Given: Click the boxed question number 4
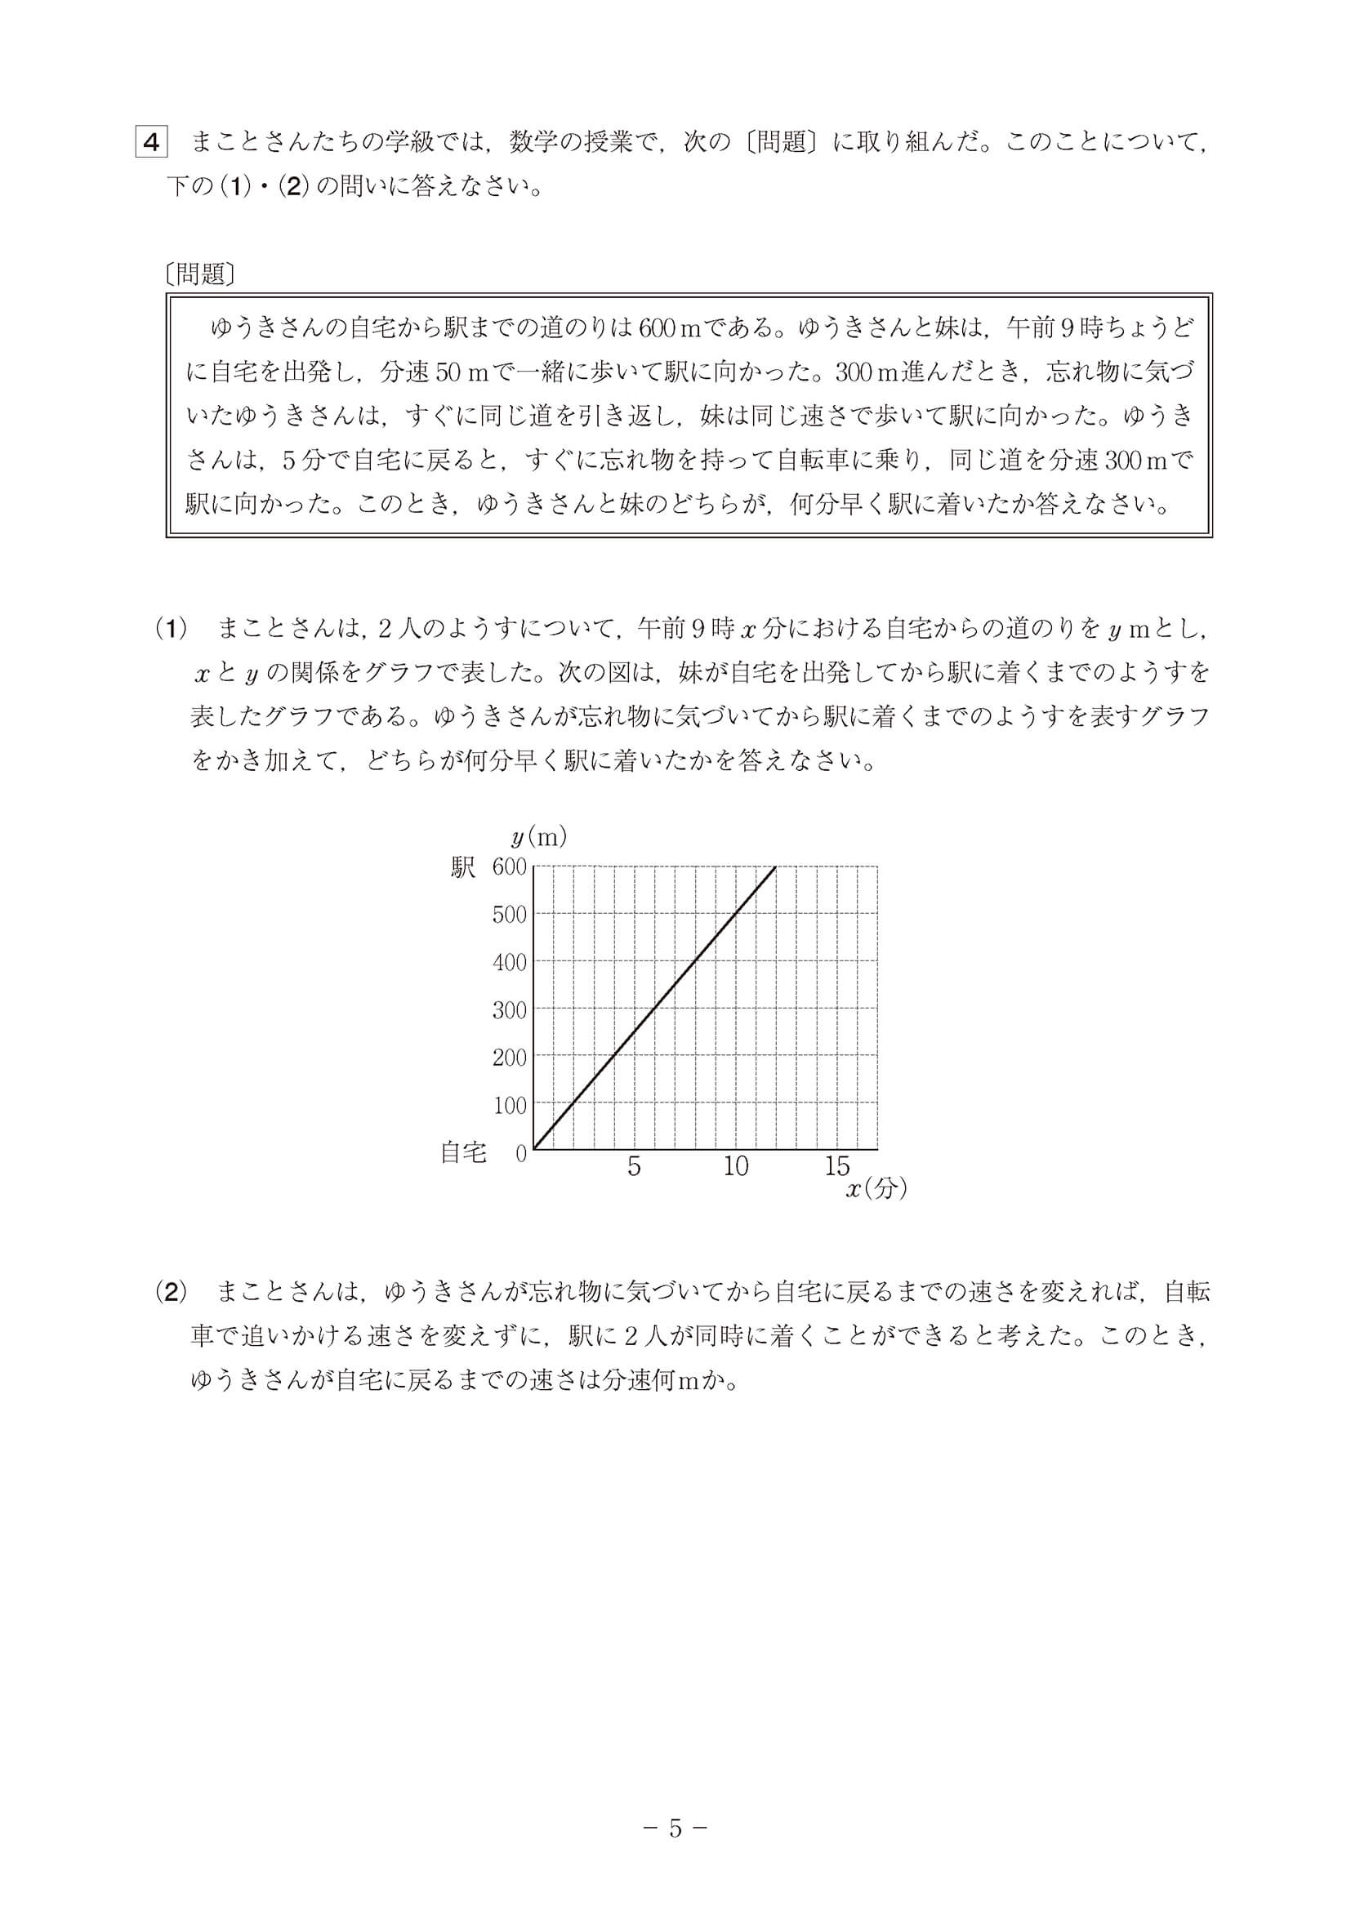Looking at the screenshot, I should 151,142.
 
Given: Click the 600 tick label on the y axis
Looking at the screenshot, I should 510,867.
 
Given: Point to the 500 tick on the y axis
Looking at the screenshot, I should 510,915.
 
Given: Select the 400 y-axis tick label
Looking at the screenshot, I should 510,963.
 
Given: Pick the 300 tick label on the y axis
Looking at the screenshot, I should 510,1010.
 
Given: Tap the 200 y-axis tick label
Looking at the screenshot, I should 510,1058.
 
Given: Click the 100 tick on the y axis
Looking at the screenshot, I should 510,1105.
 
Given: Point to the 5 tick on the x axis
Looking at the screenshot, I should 635,1167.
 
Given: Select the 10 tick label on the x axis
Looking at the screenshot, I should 736,1167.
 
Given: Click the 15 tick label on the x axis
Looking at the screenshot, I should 837,1167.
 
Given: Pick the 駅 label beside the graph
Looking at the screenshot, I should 463,868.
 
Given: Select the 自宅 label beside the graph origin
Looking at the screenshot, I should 463,1153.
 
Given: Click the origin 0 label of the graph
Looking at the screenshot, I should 522,1155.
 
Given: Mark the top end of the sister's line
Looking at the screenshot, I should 776,867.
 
